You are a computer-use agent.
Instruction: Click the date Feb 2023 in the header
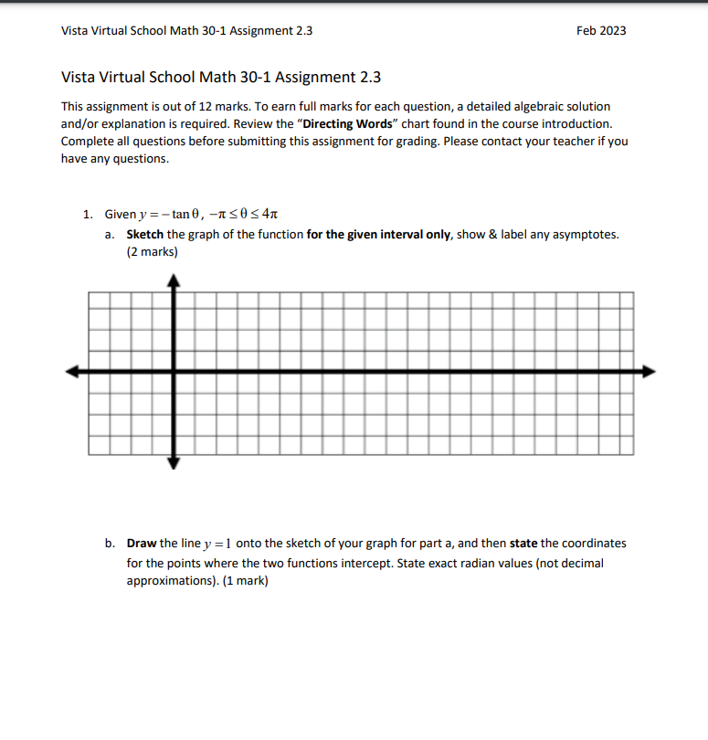[x=601, y=30]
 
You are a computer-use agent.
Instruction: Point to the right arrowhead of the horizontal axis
[x=649, y=371]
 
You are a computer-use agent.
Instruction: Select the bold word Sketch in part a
[x=145, y=235]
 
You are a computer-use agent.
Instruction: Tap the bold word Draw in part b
[x=142, y=543]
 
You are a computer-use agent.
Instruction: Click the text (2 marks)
[x=153, y=252]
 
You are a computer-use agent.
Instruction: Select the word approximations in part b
[x=172, y=580]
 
